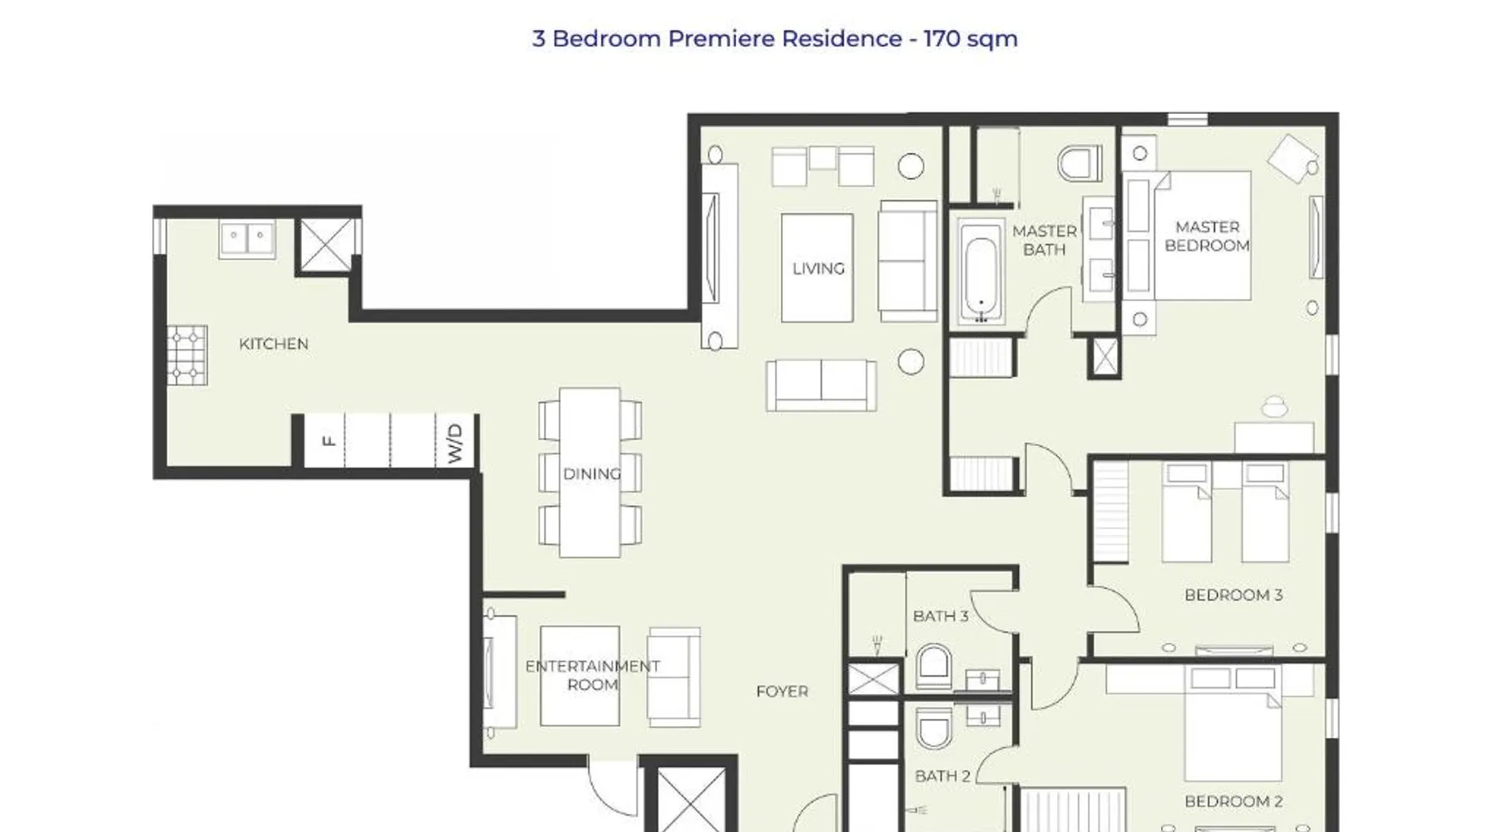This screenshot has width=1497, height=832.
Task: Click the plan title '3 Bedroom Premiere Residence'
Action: point(717,38)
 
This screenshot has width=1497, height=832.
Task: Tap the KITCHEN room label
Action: point(274,344)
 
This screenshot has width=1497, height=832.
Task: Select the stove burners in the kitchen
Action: point(186,355)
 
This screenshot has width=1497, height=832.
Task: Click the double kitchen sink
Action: point(247,240)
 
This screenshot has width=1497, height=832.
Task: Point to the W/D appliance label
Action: point(454,443)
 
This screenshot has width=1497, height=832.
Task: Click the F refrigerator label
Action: point(329,441)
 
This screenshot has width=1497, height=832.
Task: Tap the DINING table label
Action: point(592,474)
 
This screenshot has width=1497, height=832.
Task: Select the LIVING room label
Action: point(818,269)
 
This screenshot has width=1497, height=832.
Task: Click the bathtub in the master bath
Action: point(981,272)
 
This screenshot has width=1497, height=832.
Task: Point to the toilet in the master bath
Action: point(1080,163)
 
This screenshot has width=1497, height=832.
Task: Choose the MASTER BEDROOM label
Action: point(1208,236)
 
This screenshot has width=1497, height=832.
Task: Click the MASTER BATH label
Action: point(1045,240)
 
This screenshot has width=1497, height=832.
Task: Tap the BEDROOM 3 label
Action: point(1233,595)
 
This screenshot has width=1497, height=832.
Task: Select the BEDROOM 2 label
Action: point(1233,801)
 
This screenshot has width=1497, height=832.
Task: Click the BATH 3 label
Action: point(941,617)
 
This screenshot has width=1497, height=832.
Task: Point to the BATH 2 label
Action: point(942,776)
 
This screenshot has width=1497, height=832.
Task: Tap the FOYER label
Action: point(782,691)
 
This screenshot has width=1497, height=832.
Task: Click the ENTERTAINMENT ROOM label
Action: point(593,676)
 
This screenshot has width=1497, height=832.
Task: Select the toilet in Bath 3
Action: point(934,662)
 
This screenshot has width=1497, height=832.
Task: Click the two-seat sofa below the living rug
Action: point(821,385)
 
